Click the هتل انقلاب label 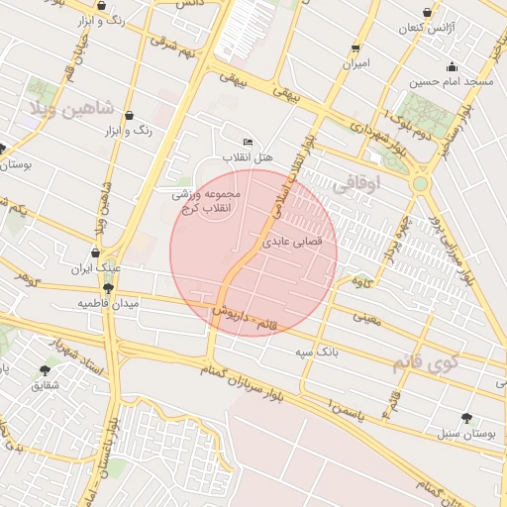(247, 157)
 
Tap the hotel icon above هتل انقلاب (247, 143)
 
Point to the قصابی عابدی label (288, 241)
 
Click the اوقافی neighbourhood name (355, 183)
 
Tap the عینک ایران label (95, 268)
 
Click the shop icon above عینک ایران (95, 253)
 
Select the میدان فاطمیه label (108, 304)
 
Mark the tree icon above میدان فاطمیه (108, 288)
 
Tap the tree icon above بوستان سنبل (466, 418)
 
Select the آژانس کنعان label (425, 29)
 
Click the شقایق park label (46, 384)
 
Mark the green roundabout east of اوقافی (421, 183)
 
